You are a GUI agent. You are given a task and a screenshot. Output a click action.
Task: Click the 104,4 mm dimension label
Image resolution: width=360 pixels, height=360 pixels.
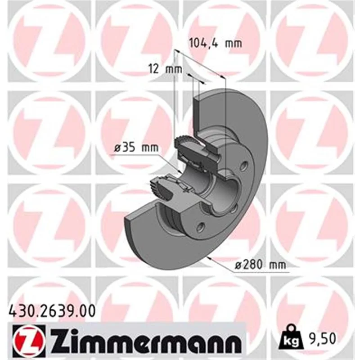(215, 43)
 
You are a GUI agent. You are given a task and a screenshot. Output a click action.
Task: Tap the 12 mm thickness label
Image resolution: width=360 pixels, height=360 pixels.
(165, 69)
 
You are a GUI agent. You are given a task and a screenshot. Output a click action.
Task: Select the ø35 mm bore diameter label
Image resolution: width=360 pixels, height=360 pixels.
(136, 148)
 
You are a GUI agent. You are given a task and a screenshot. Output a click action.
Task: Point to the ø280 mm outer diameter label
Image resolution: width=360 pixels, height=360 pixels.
(261, 265)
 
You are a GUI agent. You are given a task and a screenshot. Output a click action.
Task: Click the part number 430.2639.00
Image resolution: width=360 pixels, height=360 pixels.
(52, 312)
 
